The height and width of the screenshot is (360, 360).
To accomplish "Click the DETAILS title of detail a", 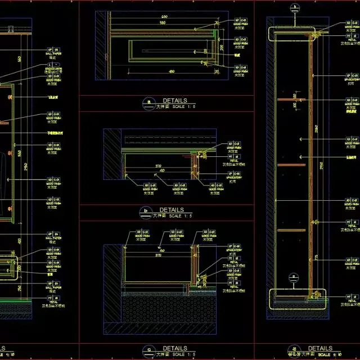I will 174,101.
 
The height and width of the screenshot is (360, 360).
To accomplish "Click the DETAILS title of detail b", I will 172,209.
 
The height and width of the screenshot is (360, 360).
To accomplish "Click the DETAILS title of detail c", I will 174,348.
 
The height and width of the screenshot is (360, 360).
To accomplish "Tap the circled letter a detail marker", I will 148,102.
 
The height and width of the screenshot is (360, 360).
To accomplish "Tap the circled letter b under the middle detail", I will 146,211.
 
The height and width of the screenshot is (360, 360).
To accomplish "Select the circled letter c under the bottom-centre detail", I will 148,350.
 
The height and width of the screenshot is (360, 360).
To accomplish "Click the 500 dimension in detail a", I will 164,17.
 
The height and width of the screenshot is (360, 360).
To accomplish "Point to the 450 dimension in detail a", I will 172,71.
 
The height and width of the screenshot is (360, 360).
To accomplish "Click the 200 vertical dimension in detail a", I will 222,48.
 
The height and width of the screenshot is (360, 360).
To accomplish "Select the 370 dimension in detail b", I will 159,167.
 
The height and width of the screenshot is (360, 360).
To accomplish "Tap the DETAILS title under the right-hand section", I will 320,348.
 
